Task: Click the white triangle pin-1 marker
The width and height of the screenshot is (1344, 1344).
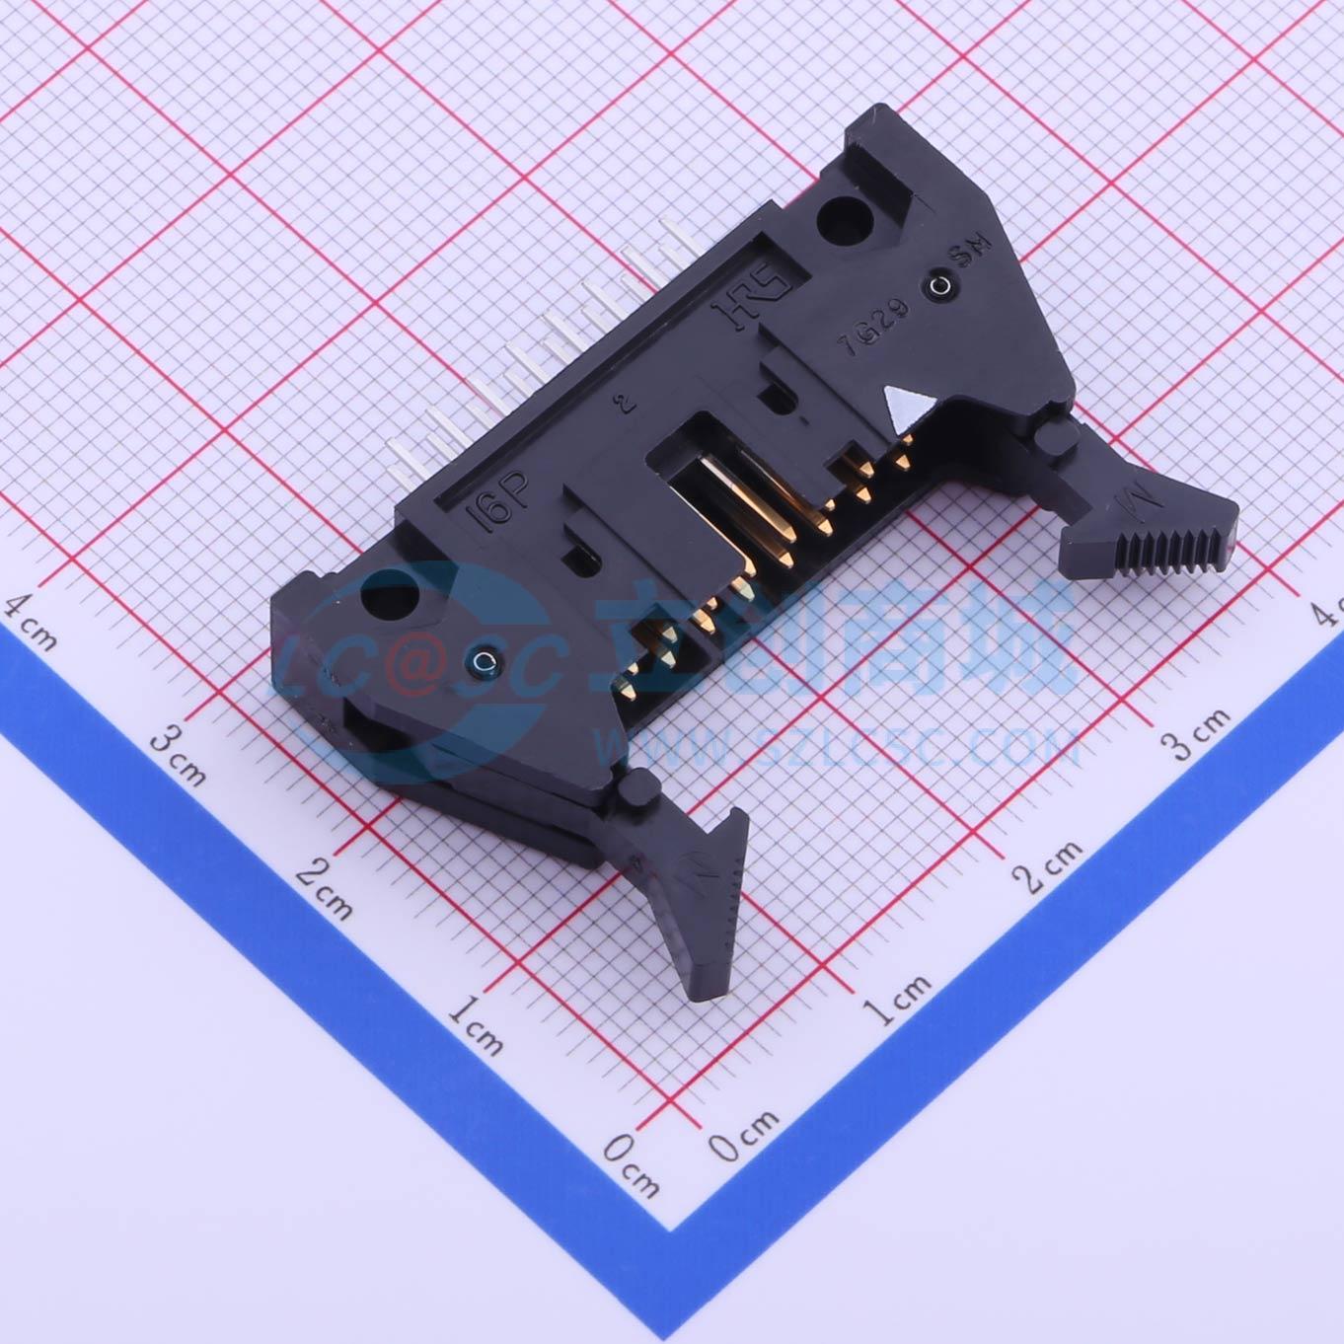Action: click(905, 407)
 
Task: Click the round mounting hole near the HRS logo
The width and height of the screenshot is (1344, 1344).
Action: click(842, 218)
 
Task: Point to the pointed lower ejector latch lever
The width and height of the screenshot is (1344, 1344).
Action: click(710, 888)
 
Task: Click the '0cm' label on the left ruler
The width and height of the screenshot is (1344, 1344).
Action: click(631, 1164)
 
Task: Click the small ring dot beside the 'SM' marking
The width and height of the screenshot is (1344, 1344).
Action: click(937, 288)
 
